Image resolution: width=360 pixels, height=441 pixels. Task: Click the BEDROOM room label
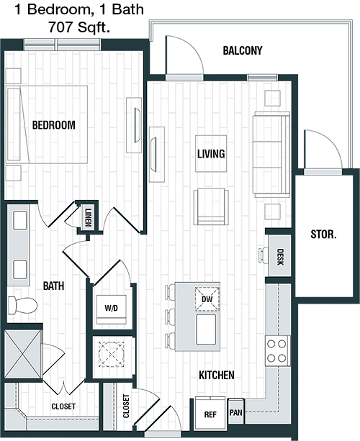pyautogui.click(x=54, y=125)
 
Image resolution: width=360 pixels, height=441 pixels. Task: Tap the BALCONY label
pyautogui.click(x=243, y=50)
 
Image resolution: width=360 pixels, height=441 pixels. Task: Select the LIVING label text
pyautogui.click(x=211, y=154)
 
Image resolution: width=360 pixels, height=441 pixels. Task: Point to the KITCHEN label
pyautogui.click(x=217, y=375)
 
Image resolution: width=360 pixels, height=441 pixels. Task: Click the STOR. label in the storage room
pyautogui.click(x=323, y=235)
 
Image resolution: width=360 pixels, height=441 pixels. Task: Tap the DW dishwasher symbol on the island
pyautogui.click(x=207, y=299)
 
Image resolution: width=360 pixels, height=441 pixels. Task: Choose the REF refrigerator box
pyautogui.click(x=210, y=414)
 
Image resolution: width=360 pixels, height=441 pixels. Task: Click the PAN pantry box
pyautogui.click(x=235, y=412)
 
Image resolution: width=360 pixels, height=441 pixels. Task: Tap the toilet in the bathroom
pyautogui.click(x=22, y=306)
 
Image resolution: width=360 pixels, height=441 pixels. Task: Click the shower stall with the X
pyautogui.click(x=23, y=354)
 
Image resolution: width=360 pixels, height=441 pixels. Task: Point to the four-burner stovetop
pyautogui.click(x=277, y=351)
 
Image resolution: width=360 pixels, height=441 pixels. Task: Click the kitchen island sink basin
pyautogui.click(x=207, y=329)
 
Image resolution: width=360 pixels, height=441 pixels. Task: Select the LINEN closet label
pyautogui.click(x=89, y=218)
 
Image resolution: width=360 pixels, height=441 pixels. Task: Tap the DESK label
pyautogui.click(x=280, y=257)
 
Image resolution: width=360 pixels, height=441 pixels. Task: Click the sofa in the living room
pyautogui.click(x=271, y=154)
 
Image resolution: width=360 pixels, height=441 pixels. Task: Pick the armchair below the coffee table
pyautogui.click(x=211, y=206)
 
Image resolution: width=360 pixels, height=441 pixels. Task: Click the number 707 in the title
pyautogui.click(x=59, y=27)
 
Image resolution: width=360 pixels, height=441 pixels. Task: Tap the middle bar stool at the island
pyautogui.click(x=170, y=316)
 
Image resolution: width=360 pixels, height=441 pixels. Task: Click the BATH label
pyautogui.click(x=53, y=286)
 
